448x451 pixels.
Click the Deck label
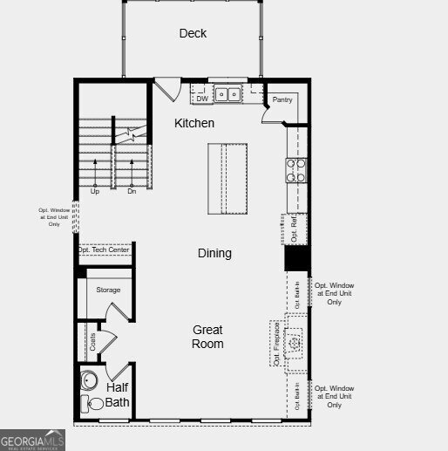click(x=193, y=33)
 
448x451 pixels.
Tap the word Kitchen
click(x=193, y=123)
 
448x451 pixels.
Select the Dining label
click(x=214, y=253)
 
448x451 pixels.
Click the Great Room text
click(x=207, y=337)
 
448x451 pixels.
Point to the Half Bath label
click(x=118, y=394)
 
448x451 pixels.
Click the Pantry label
click(x=282, y=99)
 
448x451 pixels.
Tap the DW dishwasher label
click(x=202, y=99)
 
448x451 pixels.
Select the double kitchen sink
click(x=229, y=93)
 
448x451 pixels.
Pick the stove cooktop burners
click(x=296, y=169)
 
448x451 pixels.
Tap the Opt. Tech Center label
click(x=104, y=250)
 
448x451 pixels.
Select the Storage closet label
click(x=108, y=290)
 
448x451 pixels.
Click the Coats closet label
click(x=93, y=343)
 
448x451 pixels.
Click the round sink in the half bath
click(x=89, y=380)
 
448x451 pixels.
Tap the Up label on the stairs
click(x=95, y=190)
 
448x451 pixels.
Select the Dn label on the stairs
click(x=132, y=190)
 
